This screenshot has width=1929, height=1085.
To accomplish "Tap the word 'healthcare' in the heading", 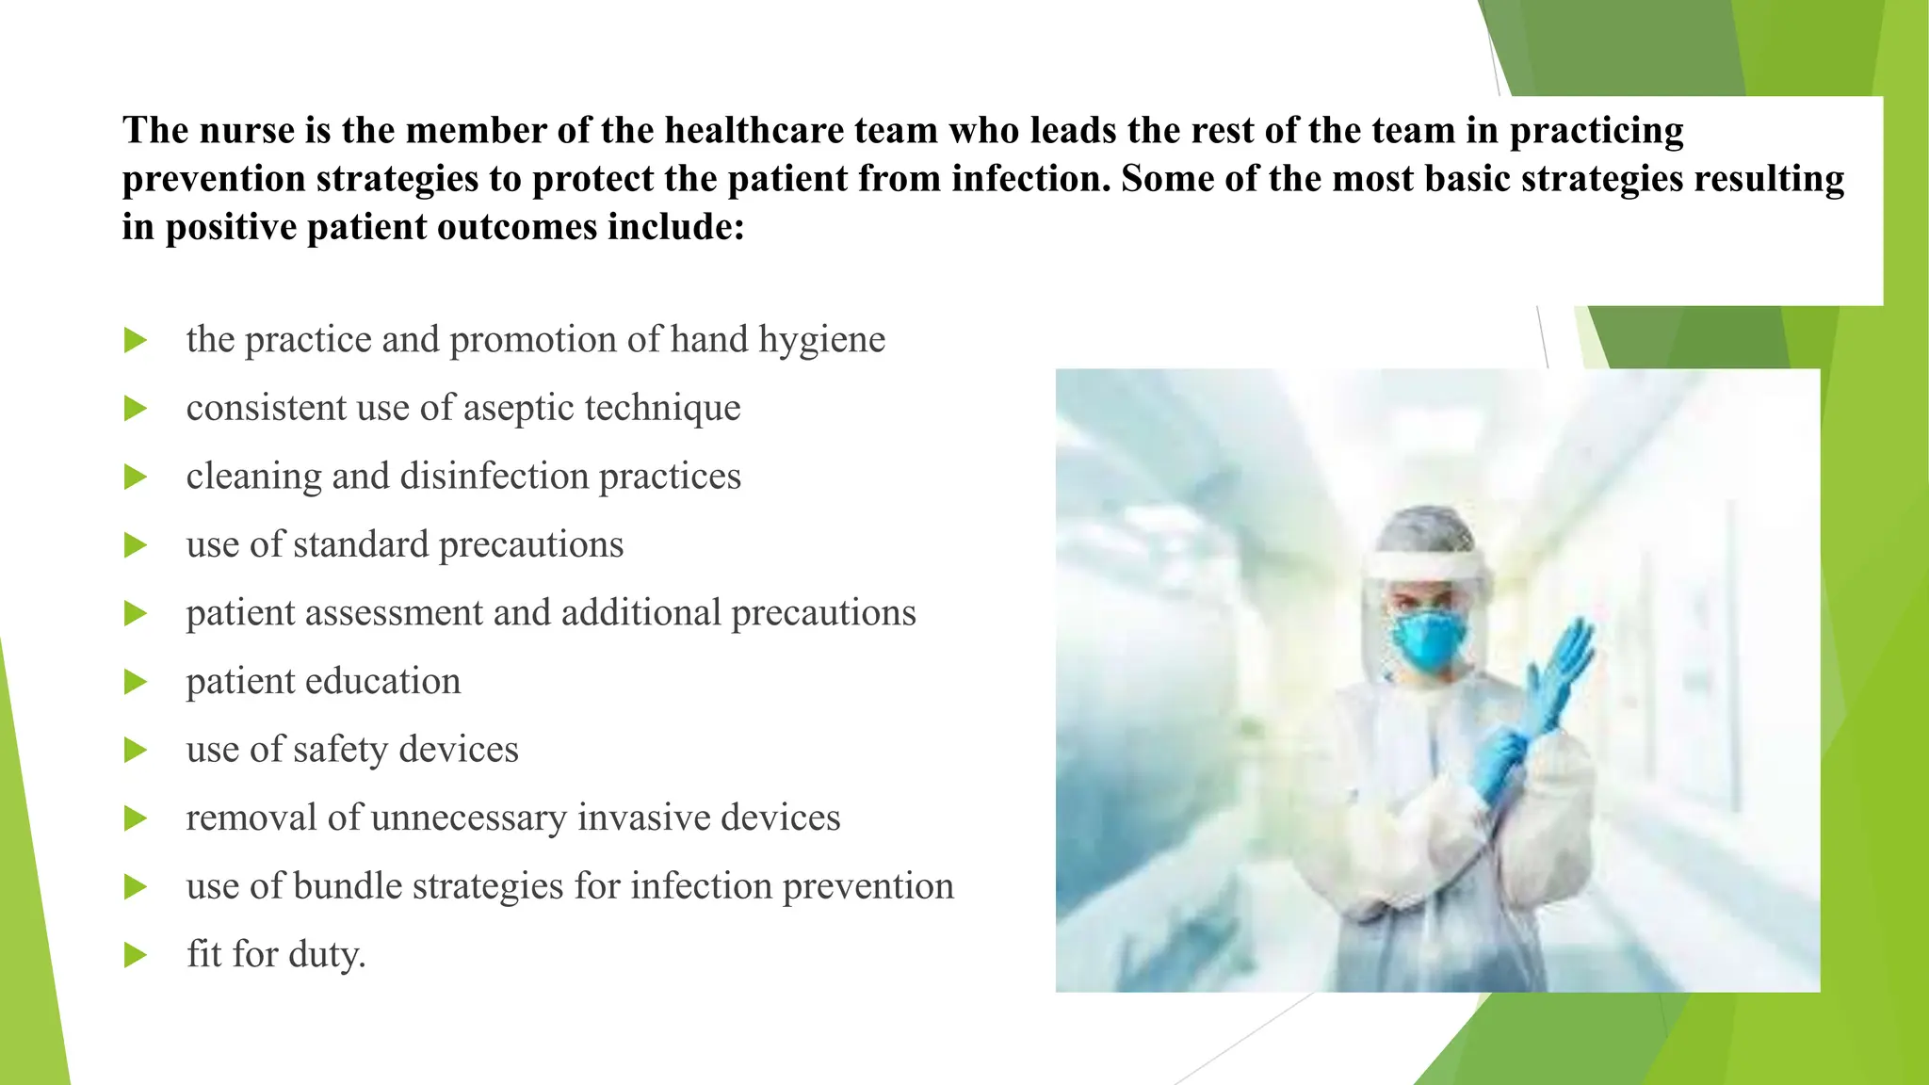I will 754,130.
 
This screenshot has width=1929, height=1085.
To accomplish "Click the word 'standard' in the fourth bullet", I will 361,544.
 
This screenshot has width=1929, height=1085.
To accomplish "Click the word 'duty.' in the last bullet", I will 327,954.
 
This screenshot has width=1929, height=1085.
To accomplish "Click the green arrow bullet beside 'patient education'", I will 136,682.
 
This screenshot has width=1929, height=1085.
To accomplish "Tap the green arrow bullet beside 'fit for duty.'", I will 136,955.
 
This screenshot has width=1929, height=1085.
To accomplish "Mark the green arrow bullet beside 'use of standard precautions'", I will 136,545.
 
